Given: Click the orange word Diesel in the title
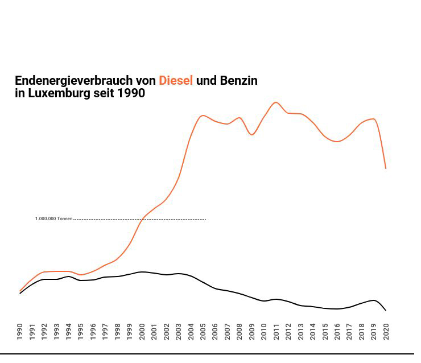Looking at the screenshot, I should click(176, 81).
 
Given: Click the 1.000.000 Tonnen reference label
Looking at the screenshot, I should click(53, 219).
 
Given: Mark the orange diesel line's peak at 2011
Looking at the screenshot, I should click(276, 102).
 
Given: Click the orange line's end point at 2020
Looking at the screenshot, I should click(386, 168).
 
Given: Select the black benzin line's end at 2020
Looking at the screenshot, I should click(386, 310).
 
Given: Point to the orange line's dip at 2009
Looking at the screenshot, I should click(252, 134).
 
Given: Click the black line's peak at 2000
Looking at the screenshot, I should click(142, 272).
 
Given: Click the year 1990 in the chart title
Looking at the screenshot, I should click(131, 93).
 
